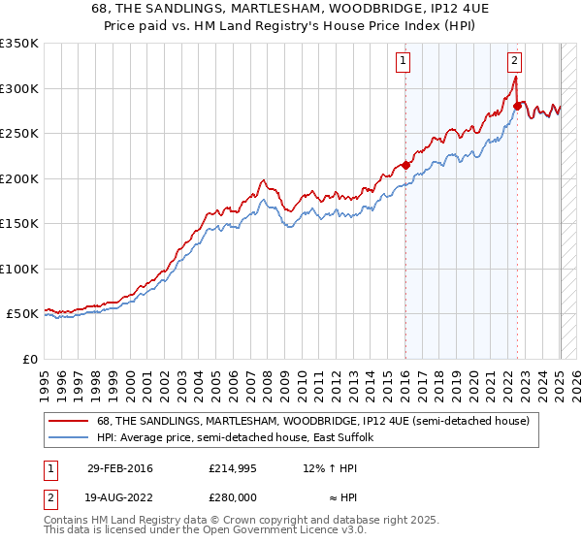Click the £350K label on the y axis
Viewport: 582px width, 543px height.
point(19,44)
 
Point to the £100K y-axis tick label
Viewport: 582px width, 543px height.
point(19,269)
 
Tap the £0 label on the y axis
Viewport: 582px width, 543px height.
point(29,359)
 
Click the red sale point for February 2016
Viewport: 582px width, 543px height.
point(405,165)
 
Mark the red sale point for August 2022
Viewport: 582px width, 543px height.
point(517,106)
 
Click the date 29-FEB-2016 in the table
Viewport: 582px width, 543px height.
point(119,468)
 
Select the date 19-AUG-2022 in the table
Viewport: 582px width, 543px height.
point(120,495)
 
